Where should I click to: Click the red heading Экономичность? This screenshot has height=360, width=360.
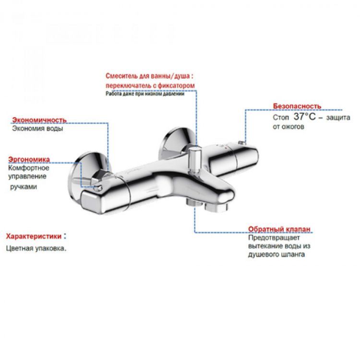pos(39,120)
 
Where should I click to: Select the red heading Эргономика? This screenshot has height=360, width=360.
pos(31,159)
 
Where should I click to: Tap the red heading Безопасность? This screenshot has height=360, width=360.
pos(297,106)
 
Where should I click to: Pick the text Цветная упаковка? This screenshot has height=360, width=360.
pos(36,249)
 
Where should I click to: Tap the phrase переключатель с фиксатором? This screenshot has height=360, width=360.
pos(151,85)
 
